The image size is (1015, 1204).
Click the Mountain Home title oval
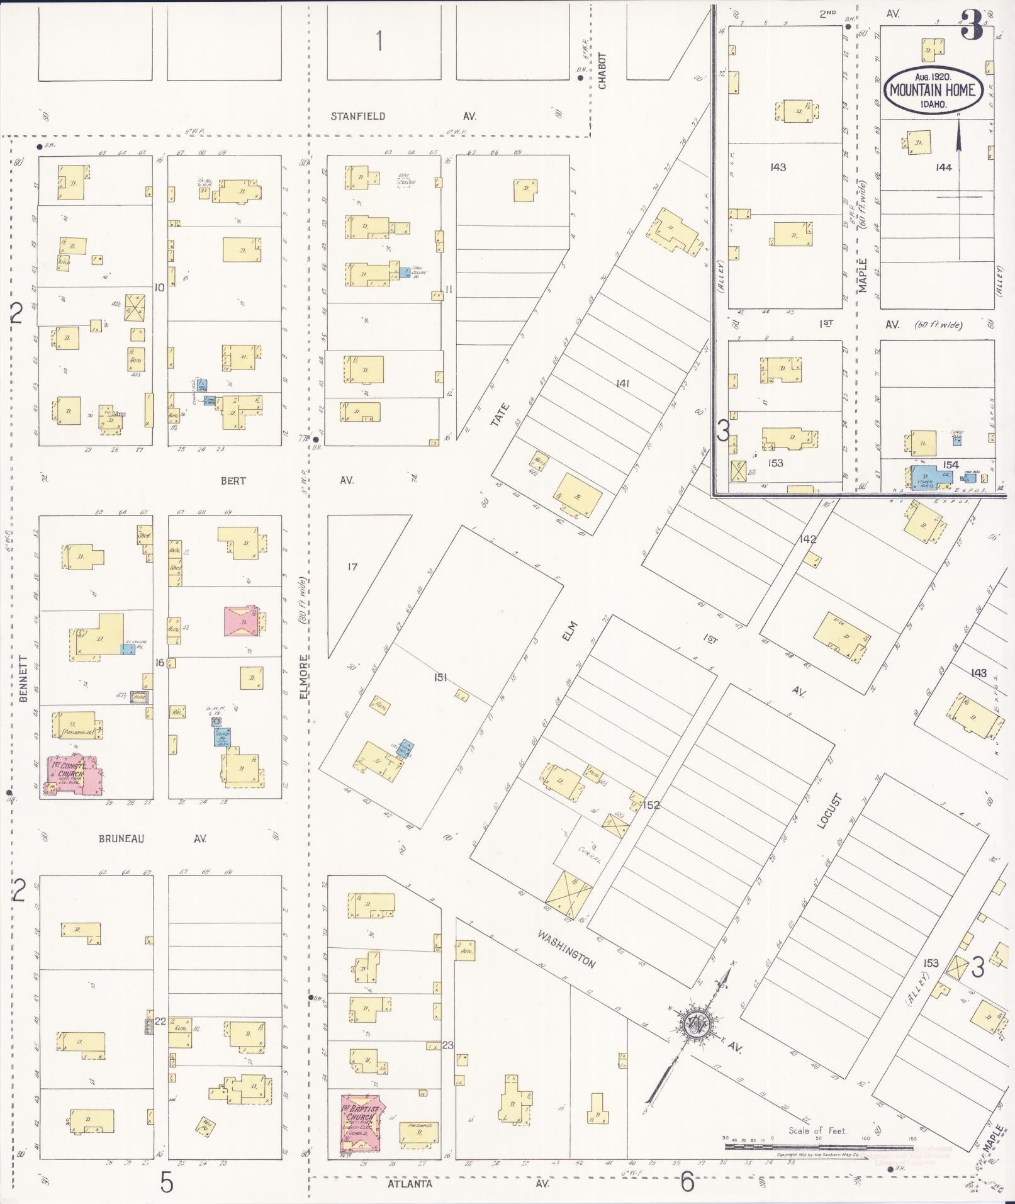click(x=933, y=89)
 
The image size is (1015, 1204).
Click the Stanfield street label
click(x=358, y=116)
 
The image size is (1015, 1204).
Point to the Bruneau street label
click(x=121, y=839)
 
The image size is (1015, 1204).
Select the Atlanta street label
click(x=410, y=1184)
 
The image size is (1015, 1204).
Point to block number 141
click(x=622, y=383)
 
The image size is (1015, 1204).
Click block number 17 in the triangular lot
click(x=352, y=567)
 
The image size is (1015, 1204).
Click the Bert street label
click(x=233, y=481)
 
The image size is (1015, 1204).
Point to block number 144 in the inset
click(x=943, y=167)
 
